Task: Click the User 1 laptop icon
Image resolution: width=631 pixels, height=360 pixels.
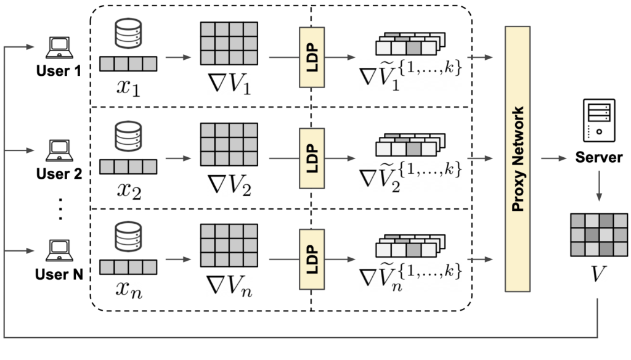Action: (59, 47)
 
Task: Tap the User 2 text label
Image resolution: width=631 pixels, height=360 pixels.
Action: (59, 174)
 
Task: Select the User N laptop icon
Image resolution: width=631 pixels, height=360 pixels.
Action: (59, 250)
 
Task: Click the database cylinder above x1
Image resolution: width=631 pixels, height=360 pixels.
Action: (128, 33)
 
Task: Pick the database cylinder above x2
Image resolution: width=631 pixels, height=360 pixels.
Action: (128, 136)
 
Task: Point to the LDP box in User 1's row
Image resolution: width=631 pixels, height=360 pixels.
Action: (312, 57)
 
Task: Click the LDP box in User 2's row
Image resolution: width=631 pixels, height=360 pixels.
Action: (312, 158)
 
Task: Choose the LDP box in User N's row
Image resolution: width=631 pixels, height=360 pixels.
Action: (312, 260)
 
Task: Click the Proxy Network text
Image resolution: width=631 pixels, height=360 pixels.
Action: (518, 159)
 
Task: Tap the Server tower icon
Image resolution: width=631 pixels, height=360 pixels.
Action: (599, 120)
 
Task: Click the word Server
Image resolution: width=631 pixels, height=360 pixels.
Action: (599, 157)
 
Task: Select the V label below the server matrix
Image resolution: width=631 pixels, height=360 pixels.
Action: (598, 274)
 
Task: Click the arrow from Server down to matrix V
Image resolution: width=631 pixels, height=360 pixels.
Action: (599, 186)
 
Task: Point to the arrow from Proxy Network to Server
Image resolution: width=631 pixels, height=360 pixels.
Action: (554, 158)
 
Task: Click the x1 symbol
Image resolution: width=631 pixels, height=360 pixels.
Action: (128, 86)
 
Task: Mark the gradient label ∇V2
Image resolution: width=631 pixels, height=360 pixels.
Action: (229, 185)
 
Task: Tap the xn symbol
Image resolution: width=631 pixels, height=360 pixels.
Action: (129, 289)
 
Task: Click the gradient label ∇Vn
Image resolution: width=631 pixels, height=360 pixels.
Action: (229, 286)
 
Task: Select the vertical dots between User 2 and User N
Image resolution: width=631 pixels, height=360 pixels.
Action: (60, 209)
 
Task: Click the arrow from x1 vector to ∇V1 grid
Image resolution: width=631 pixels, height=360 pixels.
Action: (178, 57)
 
